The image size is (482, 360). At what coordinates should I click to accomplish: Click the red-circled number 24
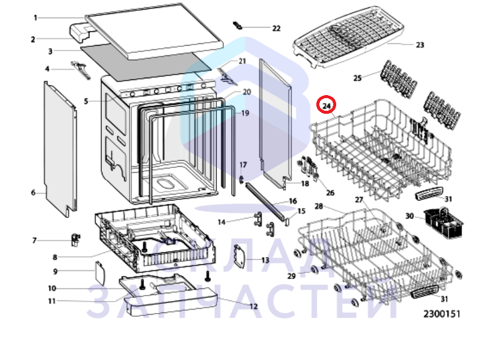326,106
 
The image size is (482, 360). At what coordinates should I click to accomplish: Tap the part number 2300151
442,314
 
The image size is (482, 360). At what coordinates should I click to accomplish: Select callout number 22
277,28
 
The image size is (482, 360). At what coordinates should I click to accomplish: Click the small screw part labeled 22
237,25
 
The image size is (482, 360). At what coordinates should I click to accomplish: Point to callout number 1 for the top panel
36,18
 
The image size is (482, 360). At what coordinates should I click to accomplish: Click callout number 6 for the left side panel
33,193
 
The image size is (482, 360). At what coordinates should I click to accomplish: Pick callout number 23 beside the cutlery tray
420,45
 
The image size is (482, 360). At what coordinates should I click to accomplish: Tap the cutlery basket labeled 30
443,223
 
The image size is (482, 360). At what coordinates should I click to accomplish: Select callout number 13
265,260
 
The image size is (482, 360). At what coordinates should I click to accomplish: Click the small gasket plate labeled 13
240,256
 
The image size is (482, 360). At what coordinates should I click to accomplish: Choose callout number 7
34,240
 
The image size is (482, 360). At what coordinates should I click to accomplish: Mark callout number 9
55,272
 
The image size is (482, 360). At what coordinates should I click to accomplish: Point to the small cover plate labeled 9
100,273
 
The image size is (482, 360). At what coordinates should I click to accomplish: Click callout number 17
243,165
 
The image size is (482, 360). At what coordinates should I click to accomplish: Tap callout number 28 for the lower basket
319,206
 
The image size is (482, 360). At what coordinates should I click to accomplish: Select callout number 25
357,78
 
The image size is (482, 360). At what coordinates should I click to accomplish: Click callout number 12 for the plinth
254,306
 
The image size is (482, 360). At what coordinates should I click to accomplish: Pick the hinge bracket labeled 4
81,70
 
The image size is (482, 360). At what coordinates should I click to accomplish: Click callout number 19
245,113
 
